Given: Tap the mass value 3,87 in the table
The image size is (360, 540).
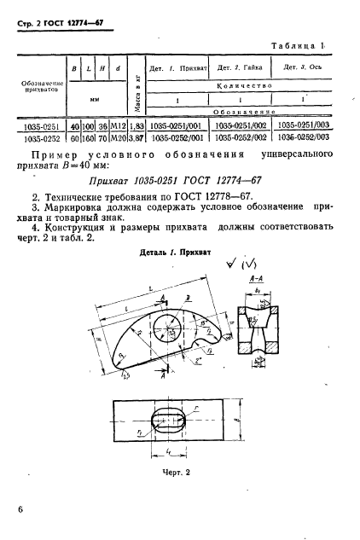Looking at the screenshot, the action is [x=134, y=135].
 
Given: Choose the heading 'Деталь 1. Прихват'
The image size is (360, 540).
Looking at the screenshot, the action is [x=175, y=253].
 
